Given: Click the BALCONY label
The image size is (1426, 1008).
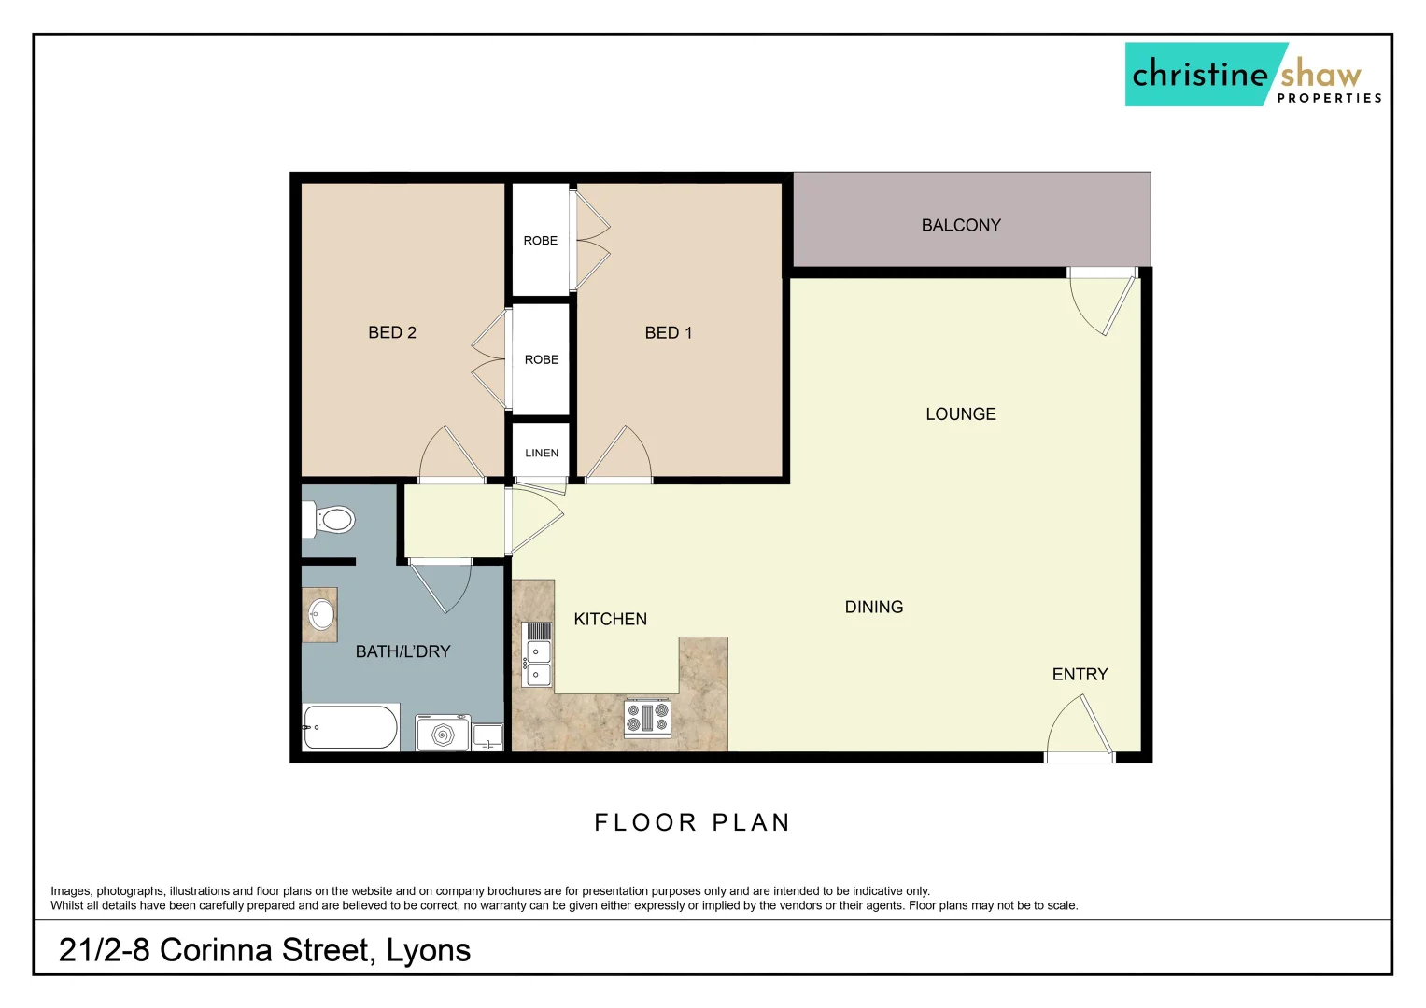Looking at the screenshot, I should click(960, 225).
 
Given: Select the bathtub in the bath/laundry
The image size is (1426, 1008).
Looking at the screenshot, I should click(350, 727).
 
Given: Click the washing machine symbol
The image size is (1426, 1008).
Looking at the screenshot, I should click(443, 734).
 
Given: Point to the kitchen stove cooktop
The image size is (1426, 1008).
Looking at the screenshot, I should click(647, 718).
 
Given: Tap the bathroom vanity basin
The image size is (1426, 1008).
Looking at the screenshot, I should click(320, 614).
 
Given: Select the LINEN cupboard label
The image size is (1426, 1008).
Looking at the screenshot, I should click(542, 453).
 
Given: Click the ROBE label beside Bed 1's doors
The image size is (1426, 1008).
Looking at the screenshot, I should click(540, 241).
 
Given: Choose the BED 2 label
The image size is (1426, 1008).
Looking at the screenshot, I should click(392, 332).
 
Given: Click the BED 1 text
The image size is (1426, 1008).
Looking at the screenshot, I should click(669, 333).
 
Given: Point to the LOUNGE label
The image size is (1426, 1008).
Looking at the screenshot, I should click(960, 414).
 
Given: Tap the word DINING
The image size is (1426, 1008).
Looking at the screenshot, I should click(873, 608).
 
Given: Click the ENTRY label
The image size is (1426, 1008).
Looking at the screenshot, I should click(1080, 675).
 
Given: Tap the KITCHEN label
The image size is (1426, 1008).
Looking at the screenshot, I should click(610, 620).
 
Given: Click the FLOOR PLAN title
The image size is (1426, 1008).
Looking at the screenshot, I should click(692, 822).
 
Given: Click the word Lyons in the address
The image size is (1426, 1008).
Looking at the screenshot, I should click(428, 950).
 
